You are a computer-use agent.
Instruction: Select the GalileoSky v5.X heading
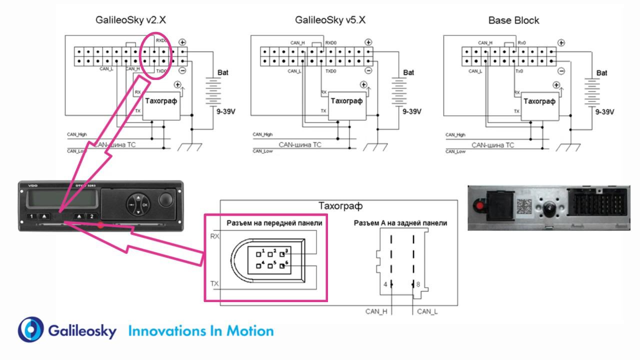tap(330, 20)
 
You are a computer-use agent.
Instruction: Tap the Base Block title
tap(513, 20)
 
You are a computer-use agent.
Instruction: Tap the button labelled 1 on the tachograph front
tap(31, 216)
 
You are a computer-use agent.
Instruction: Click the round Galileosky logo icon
tap(31, 330)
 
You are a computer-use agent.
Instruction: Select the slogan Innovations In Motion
tap(201, 331)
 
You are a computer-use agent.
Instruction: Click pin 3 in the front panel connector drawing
tap(282, 251)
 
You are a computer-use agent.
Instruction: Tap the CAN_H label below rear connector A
tap(376, 311)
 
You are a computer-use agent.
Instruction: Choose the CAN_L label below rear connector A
tap(427, 311)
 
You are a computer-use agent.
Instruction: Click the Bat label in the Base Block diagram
tap(602, 72)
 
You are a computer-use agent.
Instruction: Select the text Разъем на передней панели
tap(274, 223)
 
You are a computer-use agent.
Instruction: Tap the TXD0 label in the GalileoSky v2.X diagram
tap(161, 71)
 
